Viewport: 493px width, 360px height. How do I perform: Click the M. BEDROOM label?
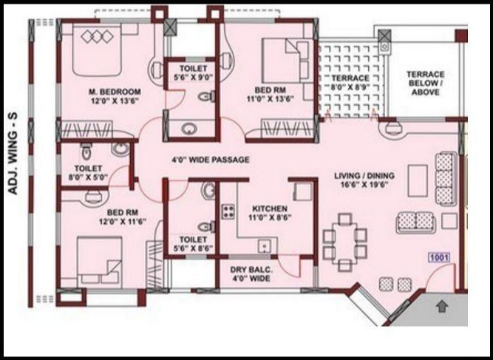[115, 92]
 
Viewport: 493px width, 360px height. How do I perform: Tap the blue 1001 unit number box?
[439, 257]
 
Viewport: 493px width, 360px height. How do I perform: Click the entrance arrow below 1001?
[442, 306]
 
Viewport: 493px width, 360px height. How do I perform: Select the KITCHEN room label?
[270, 208]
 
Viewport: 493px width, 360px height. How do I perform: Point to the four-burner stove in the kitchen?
[228, 211]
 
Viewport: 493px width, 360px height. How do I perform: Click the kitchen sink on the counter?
[264, 246]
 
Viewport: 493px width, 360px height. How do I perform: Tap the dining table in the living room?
[345, 242]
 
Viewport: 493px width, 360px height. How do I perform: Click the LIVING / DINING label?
[364, 175]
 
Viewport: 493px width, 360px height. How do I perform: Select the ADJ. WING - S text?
[13, 154]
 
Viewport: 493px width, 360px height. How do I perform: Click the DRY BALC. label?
[251, 270]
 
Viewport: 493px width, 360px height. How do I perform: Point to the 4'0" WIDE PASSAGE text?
[211, 160]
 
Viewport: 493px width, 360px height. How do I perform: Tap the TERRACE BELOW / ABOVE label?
[426, 84]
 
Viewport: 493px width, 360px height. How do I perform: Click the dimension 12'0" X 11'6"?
[123, 221]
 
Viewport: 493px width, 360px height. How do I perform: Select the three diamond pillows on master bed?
[97, 36]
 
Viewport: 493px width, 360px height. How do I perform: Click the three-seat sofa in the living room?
[446, 178]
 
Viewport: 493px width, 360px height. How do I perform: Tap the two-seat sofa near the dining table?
[415, 223]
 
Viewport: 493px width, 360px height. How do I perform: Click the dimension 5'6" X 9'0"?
[194, 77]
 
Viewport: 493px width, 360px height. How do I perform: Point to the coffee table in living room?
[418, 180]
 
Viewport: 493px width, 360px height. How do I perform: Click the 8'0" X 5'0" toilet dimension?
[88, 177]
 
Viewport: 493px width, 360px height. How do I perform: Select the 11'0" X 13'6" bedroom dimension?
[271, 99]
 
